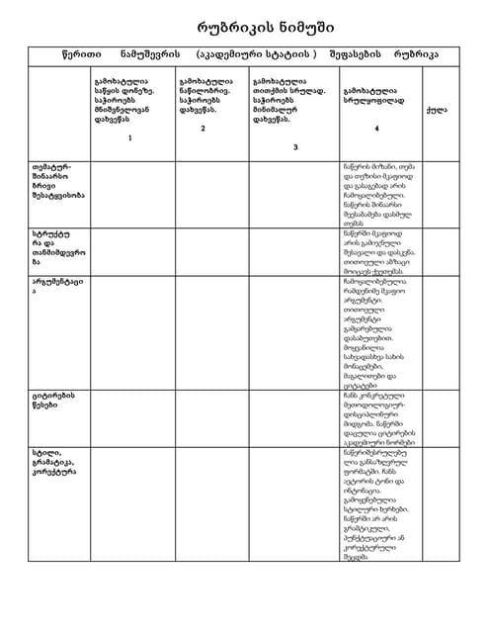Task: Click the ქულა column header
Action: pyautogui.click(x=435, y=110)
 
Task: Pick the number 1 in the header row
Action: pyautogui.click(x=128, y=137)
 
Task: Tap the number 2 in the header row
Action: pyautogui.click(x=203, y=129)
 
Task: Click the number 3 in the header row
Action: pyautogui.click(x=293, y=146)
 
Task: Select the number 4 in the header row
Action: pyautogui.click(x=376, y=129)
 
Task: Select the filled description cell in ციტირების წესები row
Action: pyautogui.click(x=379, y=416)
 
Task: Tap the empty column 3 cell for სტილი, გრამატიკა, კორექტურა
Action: pyautogui.click(x=294, y=504)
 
